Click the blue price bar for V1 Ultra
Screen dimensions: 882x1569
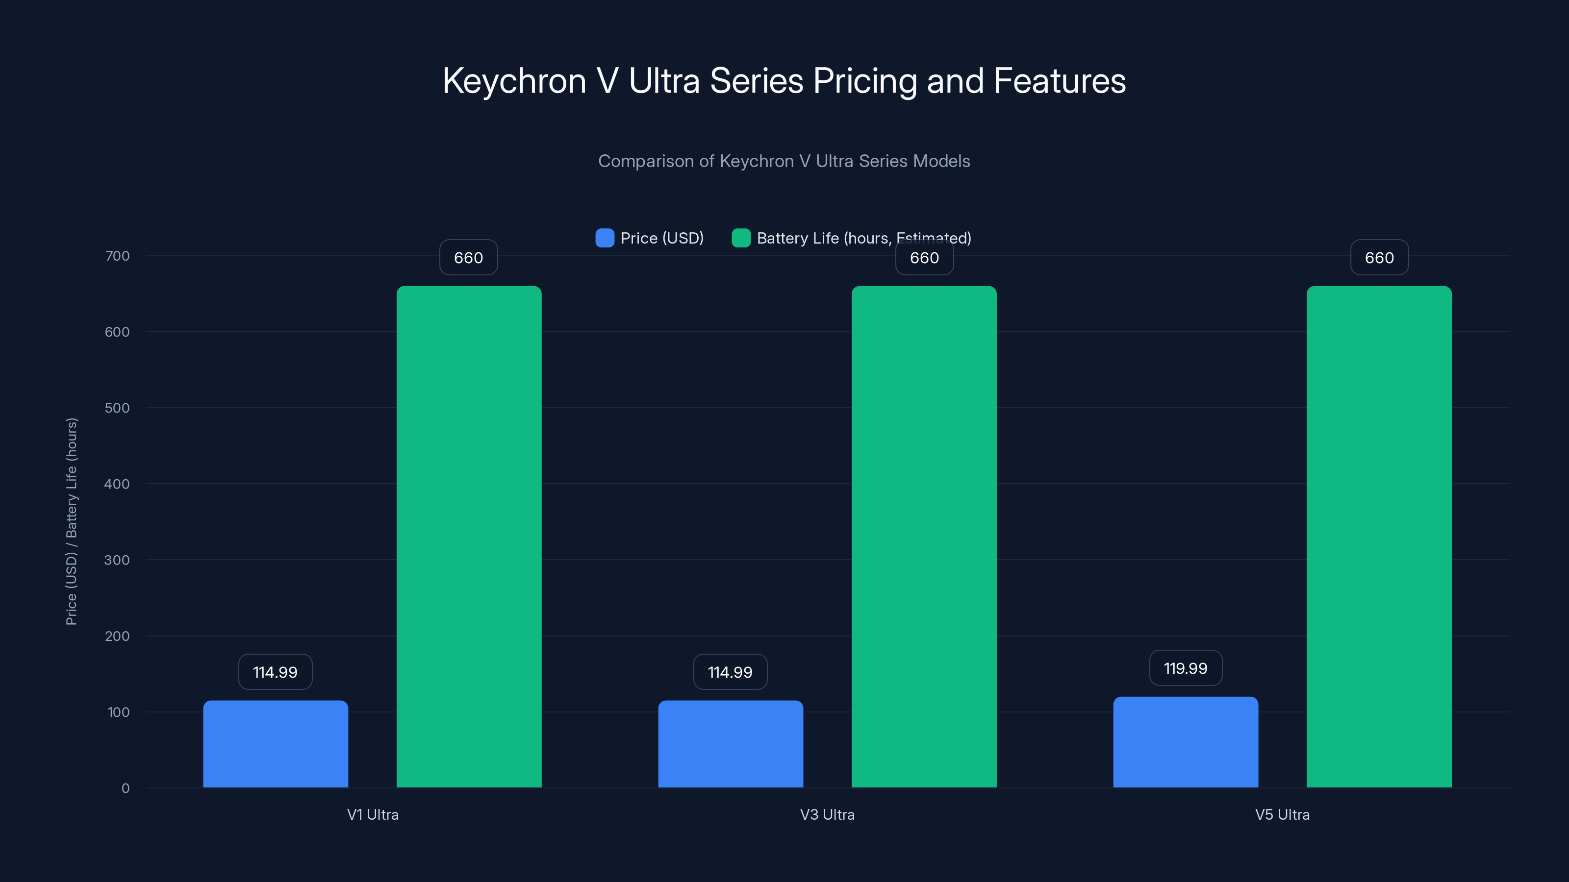275,744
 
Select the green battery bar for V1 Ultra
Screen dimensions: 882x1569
469,536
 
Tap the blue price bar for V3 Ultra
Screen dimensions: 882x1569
730,744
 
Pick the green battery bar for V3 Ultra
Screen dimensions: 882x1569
924,536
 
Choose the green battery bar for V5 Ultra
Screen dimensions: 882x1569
1379,536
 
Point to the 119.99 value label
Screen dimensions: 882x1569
1185,668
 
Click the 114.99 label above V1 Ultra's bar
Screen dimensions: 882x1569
275,672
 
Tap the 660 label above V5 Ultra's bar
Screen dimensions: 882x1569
1379,257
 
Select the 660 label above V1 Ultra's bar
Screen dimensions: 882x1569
468,257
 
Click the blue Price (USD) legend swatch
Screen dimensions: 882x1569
604,238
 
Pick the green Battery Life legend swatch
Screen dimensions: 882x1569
741,238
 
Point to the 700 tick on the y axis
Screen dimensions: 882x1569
117,256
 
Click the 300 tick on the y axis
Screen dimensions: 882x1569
117,560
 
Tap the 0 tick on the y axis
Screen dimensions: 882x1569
126,788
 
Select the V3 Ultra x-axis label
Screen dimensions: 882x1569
827,814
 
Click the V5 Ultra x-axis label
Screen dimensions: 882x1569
1282,814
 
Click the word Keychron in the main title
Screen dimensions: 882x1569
514,81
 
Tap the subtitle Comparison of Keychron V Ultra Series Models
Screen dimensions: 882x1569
784,161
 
